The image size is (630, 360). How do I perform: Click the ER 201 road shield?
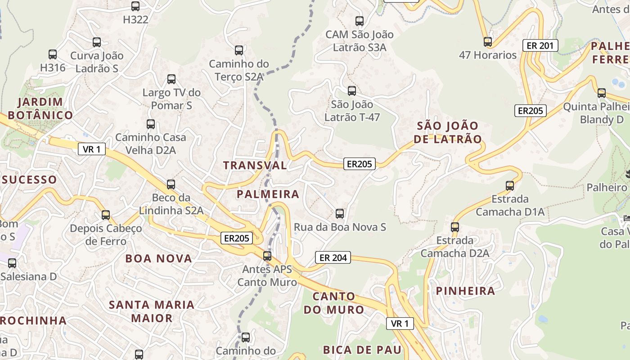pos(540,45)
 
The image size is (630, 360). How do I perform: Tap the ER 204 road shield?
pos(333,257)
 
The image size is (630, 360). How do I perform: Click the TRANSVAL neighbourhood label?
pos(255,165)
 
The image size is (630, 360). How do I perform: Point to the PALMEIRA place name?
pos(268,194)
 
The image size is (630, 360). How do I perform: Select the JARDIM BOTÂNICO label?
pos(40,108)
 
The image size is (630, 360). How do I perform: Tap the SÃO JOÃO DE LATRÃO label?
pos(447,132)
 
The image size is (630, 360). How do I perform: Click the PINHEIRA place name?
pos(465,291)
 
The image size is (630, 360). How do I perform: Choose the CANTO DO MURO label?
pos(333,303)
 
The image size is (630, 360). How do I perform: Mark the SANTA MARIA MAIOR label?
pos(152,311)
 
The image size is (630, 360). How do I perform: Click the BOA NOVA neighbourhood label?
pos(158,258)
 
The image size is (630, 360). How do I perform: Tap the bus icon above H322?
pos(135,6)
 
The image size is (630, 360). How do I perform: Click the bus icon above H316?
pos(53,54)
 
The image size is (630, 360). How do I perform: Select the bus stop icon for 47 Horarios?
pos(488,42)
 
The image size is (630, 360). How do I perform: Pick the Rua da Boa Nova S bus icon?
pos(340,214)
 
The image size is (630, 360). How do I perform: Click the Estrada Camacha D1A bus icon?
pos(510,185)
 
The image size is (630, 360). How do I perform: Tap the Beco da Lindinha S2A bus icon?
pos(171,184)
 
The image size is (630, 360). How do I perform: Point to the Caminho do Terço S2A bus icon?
pos(239,50)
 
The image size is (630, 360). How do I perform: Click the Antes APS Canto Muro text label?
pos(267,276)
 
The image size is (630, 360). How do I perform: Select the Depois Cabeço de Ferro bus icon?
pos(106,215)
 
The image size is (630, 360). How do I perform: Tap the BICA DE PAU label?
pos(362,350)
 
